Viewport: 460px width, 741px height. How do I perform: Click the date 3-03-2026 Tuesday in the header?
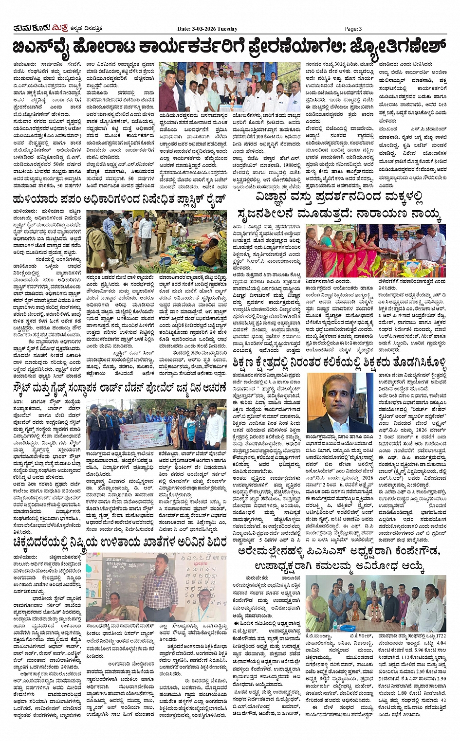point(207,29)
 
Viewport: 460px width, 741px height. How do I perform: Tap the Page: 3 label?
point(353,29)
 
